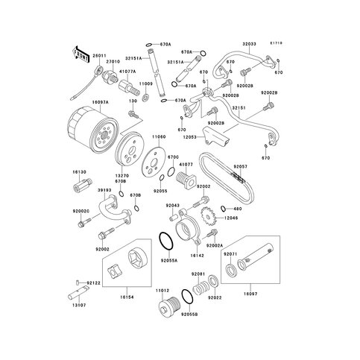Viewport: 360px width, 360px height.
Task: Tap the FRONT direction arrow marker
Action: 78,53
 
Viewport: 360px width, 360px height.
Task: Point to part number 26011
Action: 98,56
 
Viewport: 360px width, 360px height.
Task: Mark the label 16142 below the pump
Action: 197,254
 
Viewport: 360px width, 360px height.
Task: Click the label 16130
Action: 80,171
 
